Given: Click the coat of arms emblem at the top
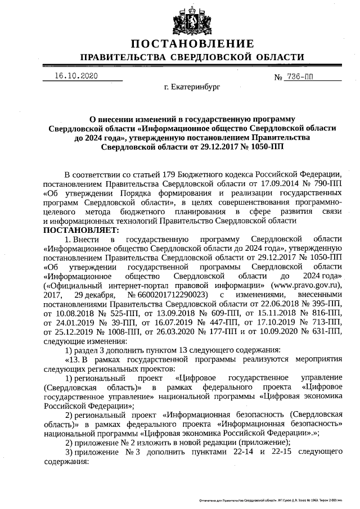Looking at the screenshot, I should tap(191, 18).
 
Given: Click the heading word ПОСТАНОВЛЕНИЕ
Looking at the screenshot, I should tap(191, 44).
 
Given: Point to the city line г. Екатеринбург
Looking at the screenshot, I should tap(191, 88).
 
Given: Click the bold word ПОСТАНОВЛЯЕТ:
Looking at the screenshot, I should tap(81, 230).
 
